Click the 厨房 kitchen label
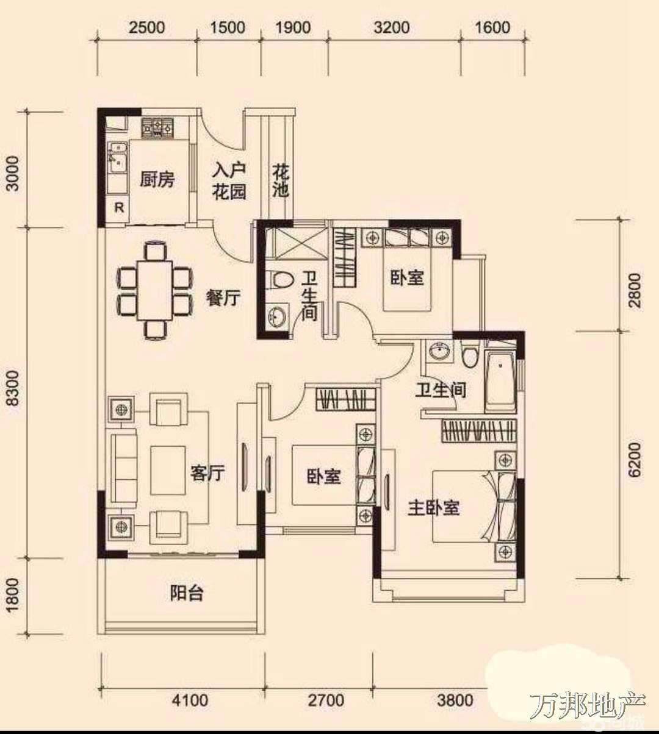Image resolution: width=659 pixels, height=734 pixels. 157,180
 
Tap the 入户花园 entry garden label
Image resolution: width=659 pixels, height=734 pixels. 229,181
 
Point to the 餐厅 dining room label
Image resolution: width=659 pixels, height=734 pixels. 223,299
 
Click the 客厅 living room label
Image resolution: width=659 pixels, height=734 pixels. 207,472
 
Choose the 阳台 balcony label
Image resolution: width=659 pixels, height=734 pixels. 187,593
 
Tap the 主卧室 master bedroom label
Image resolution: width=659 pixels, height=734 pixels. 434,508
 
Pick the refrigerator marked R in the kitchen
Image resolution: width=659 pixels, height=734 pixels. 119,208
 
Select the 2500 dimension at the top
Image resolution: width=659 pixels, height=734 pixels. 147,28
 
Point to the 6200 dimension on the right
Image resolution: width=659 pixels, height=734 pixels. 635,460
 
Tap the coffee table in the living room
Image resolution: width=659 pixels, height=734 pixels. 168,470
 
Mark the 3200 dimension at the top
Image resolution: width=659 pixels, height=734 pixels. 392,28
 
